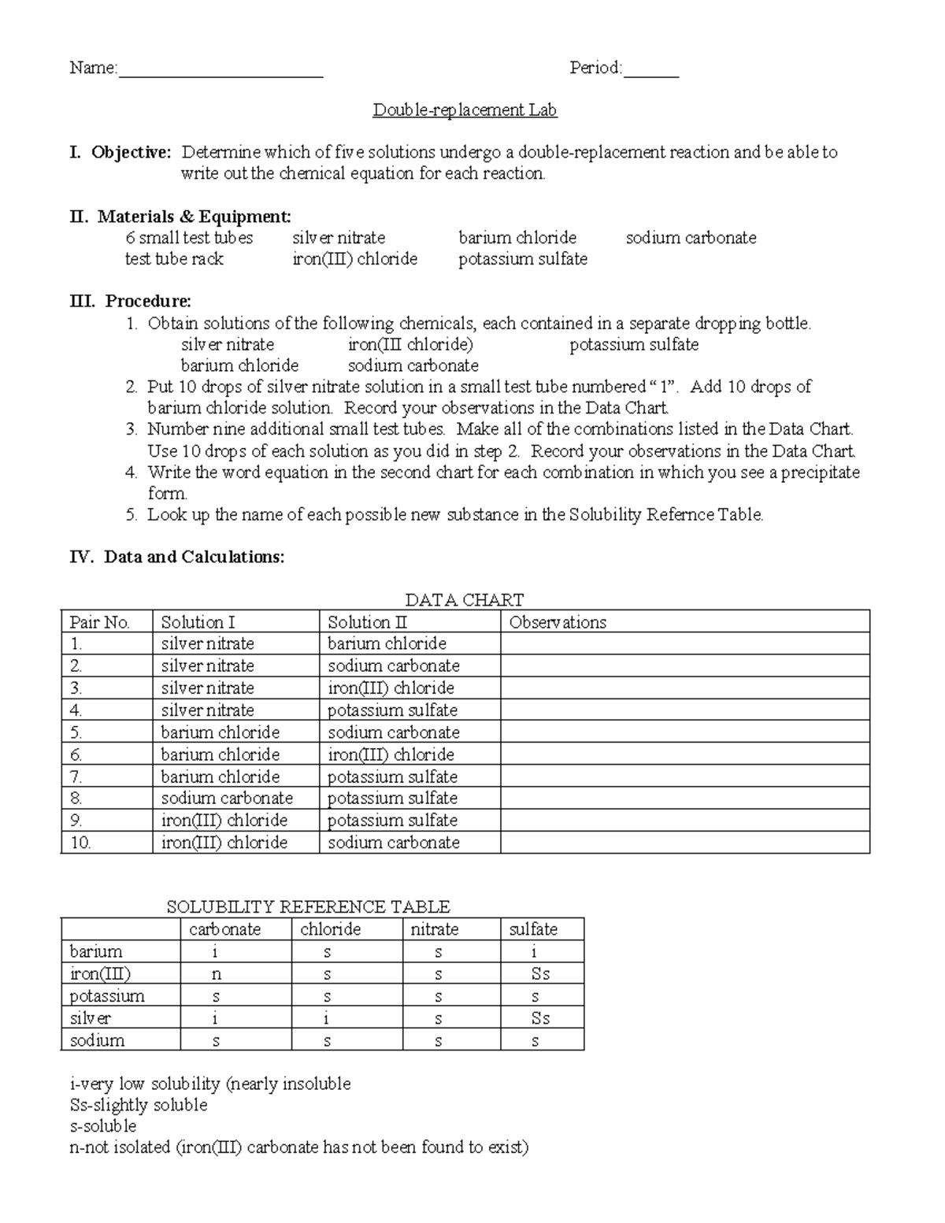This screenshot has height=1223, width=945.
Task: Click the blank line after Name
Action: coord(220,71)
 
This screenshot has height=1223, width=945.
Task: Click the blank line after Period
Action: coord(650,71)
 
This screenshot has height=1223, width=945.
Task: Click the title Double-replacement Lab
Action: coord(465,110)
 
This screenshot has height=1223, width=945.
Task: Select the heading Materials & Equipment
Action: coord(194,217)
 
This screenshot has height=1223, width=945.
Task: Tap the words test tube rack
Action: coord(174,259)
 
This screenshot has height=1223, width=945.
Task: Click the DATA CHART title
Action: coord(464,600)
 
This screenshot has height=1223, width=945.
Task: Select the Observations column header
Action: coord(558,622)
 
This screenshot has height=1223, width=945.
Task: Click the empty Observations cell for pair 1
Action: coord(684,643)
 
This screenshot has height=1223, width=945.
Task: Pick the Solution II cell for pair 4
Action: coord(392,710)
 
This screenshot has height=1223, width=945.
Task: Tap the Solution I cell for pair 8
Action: coord(227,799)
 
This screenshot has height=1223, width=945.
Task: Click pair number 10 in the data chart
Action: coord(81,843)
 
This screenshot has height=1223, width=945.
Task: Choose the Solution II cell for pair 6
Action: coord(391,754)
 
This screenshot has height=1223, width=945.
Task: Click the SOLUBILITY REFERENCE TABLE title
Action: coord(308,907)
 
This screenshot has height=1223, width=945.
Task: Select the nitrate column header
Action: coord(434,929)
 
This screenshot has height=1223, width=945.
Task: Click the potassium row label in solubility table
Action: coord(107,996)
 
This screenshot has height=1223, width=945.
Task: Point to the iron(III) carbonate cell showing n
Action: coord(217,974)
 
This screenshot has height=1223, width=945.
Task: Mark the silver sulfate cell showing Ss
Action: coord(540,1018)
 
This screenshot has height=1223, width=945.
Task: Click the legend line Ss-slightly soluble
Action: coord(139,1105)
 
